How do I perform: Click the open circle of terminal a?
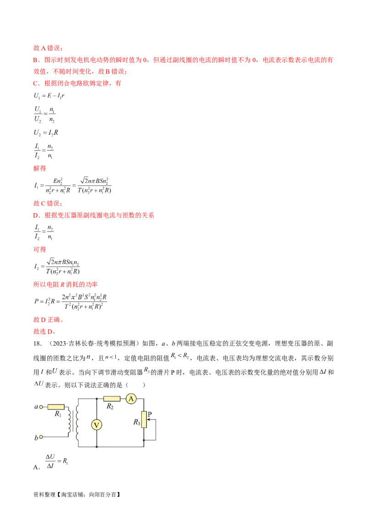click(41, 406)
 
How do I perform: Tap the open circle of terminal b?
click(41, 437)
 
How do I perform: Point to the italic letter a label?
click(36, 407)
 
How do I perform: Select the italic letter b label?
click(36, 438)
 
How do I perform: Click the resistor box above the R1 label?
click(56, 406)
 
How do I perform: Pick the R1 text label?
click(58, 414)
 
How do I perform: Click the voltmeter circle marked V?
click(97, 425)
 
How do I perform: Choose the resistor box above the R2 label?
click(112, 399)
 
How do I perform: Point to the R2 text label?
click(110, 407)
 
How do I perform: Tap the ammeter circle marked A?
click(131, 399)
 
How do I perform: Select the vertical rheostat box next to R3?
click(144, 419)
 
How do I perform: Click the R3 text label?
click(137, 422)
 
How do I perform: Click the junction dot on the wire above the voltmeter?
click(97, 399)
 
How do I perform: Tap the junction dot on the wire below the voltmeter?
click(97, 447)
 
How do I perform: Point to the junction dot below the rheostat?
click(144, 440)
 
